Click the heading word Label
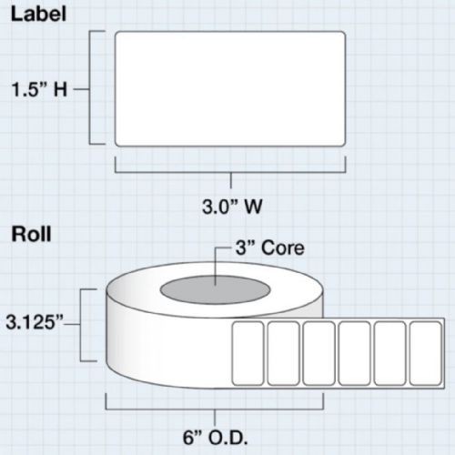[x=38, y=15]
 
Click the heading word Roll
[x=31, y=234]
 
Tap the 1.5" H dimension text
[x=39, y=90]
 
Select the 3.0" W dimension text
[x=232, y=207]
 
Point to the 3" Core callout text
[x=270, y=248]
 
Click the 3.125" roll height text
[x=34, y=322]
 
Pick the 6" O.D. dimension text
[x=215, y=438]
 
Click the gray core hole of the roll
[x=215, y=289]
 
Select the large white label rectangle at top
[x=230, y=89]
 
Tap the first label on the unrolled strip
[x=248, y=353]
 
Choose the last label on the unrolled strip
[x=425, y=353]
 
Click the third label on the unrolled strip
[x=318, y=353]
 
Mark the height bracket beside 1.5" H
[x=90, y=87]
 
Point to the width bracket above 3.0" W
[x=230, y=172]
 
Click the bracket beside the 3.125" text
[x=81, y=325]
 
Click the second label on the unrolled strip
[x=283, y=353]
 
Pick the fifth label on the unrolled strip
[x=389, y=353]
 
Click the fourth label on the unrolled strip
[x=354, y=353]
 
